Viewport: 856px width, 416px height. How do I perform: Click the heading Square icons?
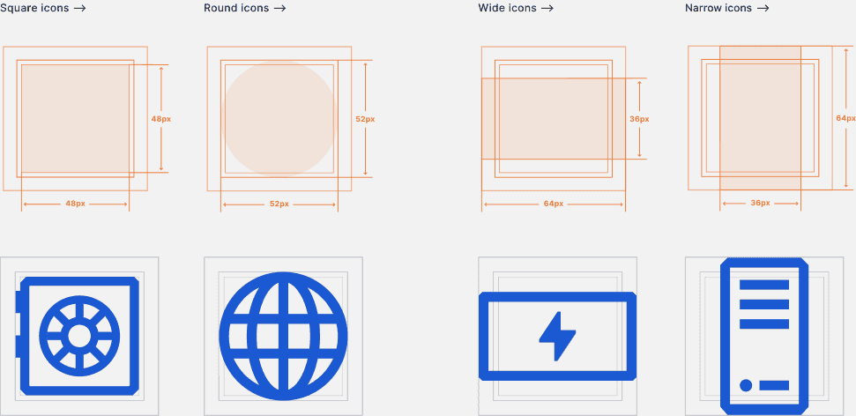34,8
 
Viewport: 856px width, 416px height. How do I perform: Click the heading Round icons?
236,8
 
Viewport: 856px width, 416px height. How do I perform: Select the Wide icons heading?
507,8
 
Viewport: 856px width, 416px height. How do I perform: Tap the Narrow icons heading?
718,8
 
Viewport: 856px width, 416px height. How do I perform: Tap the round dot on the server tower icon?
746,385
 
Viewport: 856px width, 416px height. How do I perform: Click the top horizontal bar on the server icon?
764,285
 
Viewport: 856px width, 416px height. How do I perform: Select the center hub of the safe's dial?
79,336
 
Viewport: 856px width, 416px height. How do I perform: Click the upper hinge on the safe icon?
18,302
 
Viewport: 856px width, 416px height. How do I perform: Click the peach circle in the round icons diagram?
279,118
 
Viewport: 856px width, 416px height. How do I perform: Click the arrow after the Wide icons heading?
547,8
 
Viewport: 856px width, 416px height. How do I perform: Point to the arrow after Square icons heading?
79,8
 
